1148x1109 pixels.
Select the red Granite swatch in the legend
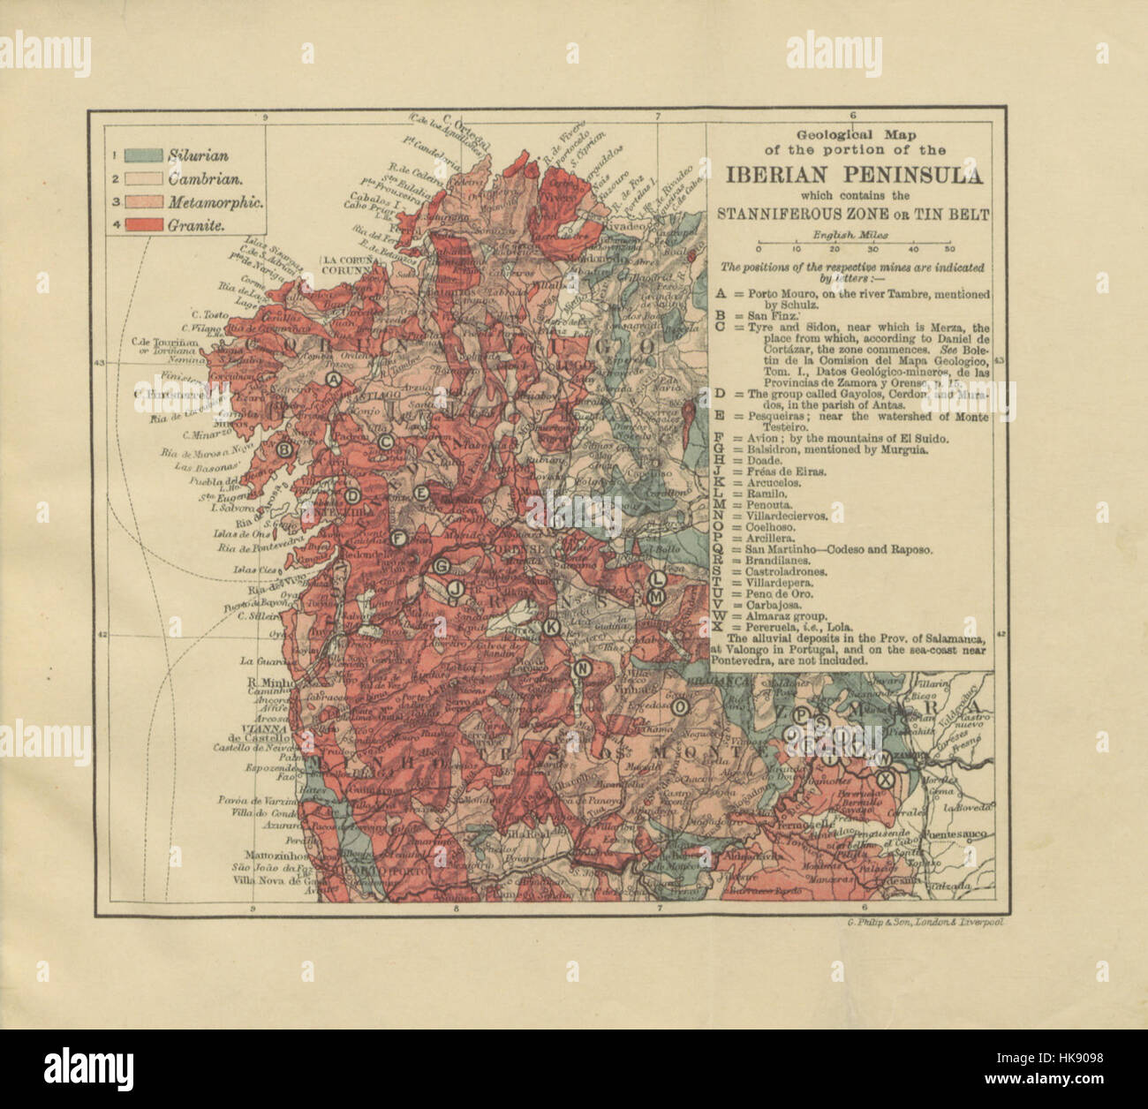click(144, 226)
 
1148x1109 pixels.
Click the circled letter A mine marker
click(334, 380)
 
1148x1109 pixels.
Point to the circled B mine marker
click(284, 449)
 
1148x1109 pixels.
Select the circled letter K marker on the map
click(550, 627)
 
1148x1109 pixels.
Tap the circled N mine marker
click(581, 669)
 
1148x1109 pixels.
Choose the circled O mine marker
click(680, 707)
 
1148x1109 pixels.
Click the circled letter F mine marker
click(398, 538)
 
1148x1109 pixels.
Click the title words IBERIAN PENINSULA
click(853, 175)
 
